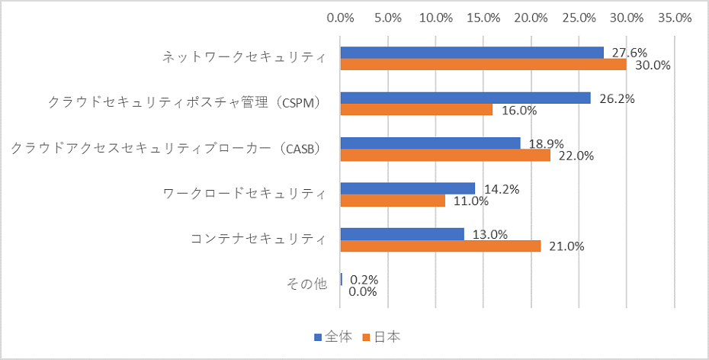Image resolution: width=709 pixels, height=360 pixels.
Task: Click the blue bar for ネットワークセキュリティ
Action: pos(472,53)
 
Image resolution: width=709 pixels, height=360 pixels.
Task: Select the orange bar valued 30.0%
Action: pos(483,65)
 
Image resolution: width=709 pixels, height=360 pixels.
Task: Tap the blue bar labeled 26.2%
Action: pos(465,98)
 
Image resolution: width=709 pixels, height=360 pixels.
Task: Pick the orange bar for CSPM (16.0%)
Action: pos(416,110)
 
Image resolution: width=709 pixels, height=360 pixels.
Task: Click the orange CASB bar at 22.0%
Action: pos(445,155)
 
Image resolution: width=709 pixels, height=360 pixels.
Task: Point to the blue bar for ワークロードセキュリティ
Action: pos(408,188)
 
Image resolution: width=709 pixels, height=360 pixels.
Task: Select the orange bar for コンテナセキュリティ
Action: pos(441,246)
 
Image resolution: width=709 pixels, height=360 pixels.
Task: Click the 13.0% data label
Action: pos(490,234)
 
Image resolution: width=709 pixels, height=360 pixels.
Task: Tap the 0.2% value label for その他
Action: pos(364,280)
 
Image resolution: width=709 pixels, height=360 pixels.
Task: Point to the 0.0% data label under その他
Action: pos(363,291)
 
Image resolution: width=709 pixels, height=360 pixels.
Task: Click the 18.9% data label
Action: pos(547,143)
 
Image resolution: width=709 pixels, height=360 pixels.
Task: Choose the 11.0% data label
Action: pos(471,201)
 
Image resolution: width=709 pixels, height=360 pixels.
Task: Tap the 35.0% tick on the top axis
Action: pos(674,17)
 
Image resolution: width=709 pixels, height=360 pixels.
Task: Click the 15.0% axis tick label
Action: pos(484,17)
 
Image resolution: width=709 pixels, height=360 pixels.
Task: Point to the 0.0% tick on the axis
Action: pos(341,17)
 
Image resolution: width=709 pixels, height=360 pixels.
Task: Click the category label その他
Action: pos(306,284)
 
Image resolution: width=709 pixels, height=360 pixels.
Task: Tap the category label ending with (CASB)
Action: pos(168,149)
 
